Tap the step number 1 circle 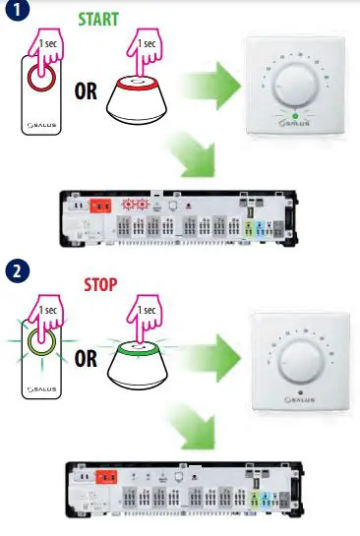(16, 12)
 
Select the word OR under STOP (86, 357)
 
